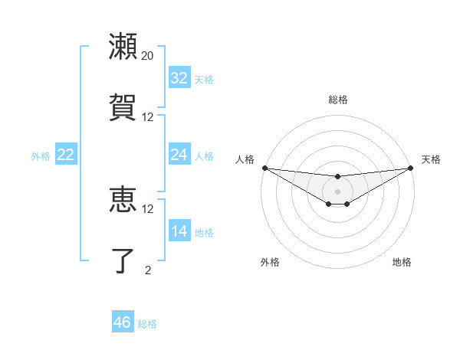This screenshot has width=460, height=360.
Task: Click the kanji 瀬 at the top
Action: coord(123,46)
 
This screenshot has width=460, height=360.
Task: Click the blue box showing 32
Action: coord(179,78)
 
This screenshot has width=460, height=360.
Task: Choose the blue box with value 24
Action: coord(179,155)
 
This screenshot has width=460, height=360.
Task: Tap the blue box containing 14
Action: coord(179,231)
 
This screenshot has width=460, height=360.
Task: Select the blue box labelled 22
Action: coord(66,155)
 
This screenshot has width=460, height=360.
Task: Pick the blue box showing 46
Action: coord(123,322)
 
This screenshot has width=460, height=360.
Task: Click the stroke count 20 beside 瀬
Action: coord(148,56)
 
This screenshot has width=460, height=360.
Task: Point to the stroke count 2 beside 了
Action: coord(148,270)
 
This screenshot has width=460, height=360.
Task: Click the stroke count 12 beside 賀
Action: coord(148,117)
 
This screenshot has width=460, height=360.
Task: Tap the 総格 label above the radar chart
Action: coord(338,100)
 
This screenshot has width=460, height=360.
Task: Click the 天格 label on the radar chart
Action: coord(431,159)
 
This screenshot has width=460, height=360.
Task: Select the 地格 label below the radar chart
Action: coord(402,262)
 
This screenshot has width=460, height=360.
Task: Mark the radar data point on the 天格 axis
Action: coord(411,167)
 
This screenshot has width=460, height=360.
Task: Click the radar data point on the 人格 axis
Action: coord(264,167)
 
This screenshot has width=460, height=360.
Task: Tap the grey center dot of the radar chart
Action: coord(338,191)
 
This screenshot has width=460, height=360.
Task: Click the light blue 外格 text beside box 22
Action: coord(41,155)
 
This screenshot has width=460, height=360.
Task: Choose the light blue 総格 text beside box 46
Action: coord(147,324)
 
